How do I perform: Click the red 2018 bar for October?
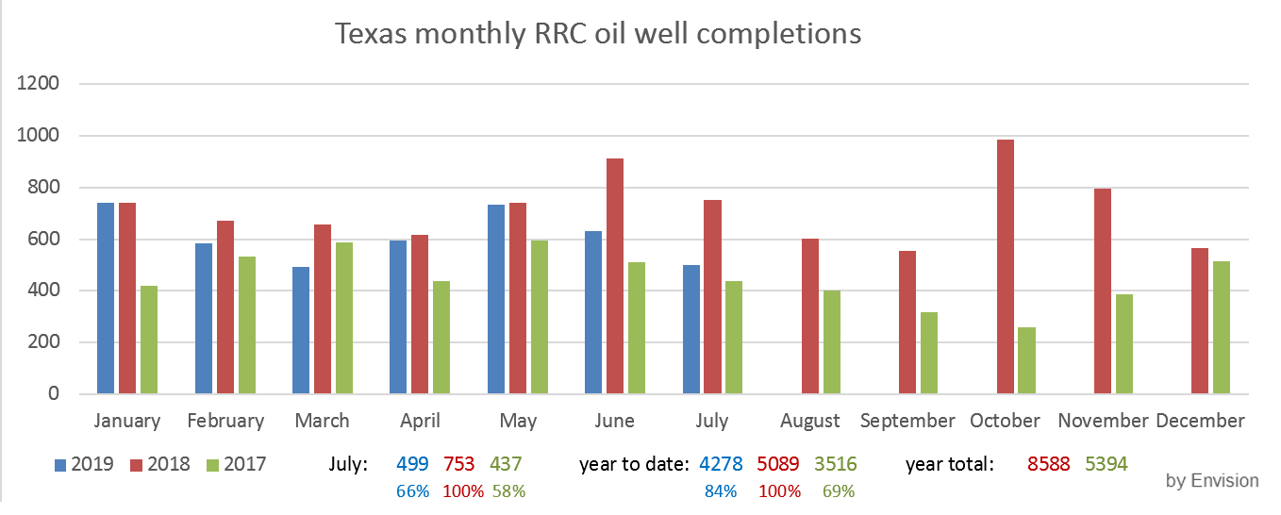(1005, 267)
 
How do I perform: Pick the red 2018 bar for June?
(615, 276)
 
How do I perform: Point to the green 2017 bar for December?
(1222, 327)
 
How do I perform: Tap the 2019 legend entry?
(84, 464)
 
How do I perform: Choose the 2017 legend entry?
(236, 464)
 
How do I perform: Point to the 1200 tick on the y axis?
(39, 84)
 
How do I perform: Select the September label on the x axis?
(907, 421)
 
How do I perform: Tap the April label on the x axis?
(420, 421)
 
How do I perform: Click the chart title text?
(598, 34)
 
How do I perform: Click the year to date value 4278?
(721, 464)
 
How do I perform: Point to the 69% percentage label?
(839, 491)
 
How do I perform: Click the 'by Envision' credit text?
(1212, 481)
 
